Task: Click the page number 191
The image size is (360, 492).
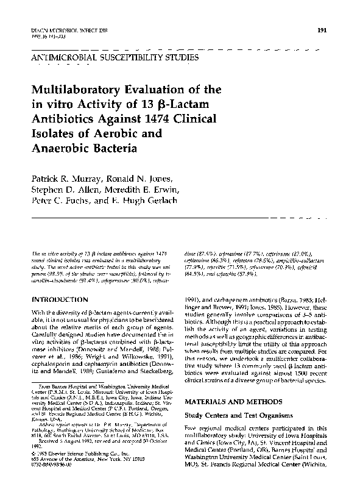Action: [323, 30]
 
